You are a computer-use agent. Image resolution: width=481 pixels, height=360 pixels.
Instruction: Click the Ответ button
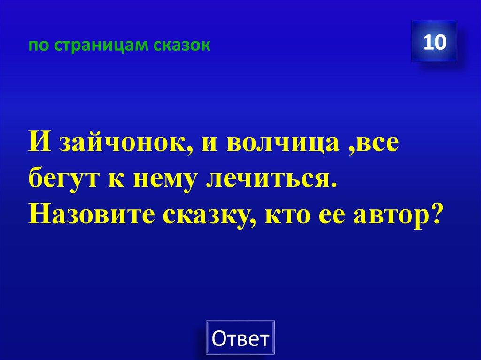pyautogui.click(x=240, y=337)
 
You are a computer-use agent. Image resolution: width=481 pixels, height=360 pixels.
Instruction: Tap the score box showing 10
pyautogui.click(x=434, y=42)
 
